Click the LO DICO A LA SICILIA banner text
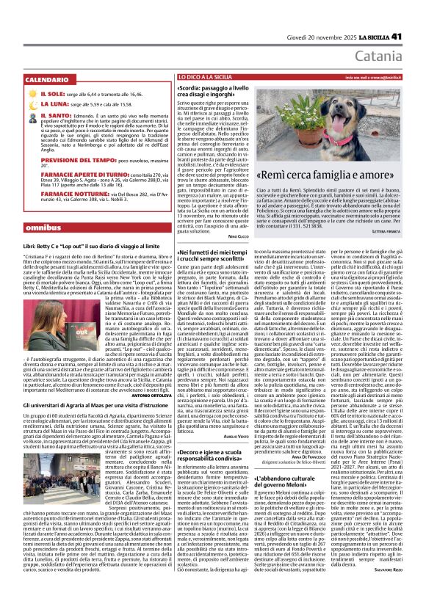(x=205, y=76)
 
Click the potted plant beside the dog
(x=393, y=117)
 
